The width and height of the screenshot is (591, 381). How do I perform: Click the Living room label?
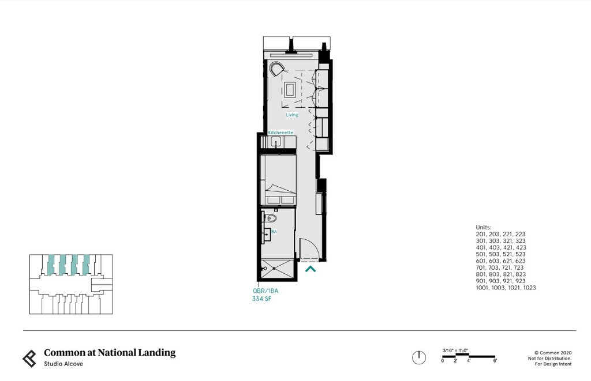(x=292, y=115)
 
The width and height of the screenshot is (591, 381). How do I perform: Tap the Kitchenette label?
(x=280, y=133)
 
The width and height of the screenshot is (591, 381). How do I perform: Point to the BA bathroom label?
(x=274, y=231)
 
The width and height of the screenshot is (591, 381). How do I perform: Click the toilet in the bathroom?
(x=271, y=218)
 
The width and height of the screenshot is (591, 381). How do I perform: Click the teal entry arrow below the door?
(x=311, y=268)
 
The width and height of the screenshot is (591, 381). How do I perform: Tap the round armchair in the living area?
(x=276, y=69)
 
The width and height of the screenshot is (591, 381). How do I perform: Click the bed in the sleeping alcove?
(x=278, y=179)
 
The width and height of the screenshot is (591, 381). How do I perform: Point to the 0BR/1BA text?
(x=265, y=291)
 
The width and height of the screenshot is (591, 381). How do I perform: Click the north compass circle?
(x=419, y=357)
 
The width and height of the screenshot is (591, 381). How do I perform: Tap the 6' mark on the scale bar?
(x=495, y=360)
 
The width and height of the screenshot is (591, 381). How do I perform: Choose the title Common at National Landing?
(x=110, y=353)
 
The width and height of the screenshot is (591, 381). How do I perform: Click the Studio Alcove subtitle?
(x=63, y=364)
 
